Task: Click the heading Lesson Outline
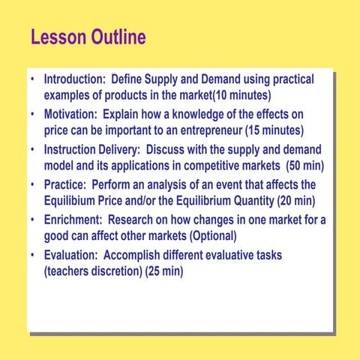click(x=88, y=37)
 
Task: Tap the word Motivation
click(x=70, y=114)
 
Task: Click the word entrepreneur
click(x=193, y=130)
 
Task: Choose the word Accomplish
click(x=139, y=256)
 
